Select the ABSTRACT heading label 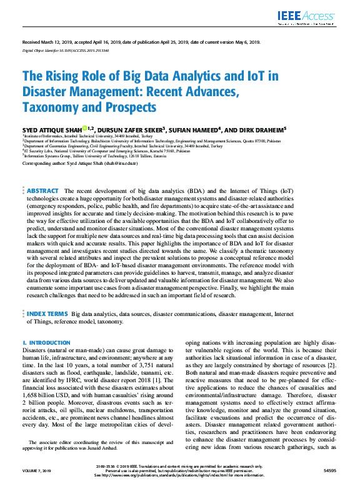tap(43, 190)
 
